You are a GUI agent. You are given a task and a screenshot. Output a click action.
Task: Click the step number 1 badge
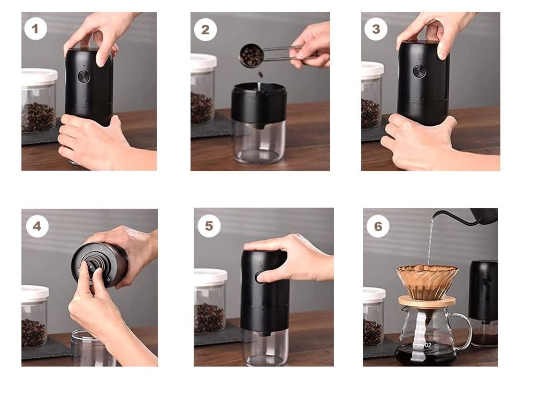(35, 29)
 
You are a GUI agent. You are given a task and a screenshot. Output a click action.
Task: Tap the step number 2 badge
(205, 30)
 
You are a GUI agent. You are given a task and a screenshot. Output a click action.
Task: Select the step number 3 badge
(376, 29)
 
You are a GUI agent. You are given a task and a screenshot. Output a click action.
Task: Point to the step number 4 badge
(37, 226)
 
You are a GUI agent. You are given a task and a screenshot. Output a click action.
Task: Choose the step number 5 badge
(209, 226)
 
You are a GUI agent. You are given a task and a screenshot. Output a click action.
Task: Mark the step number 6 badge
(378, 226)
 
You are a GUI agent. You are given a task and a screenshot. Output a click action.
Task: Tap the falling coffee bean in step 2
(261, 74)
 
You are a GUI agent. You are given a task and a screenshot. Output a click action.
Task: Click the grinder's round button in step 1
(84, 77)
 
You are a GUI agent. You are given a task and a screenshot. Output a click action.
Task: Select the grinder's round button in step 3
(420, 71)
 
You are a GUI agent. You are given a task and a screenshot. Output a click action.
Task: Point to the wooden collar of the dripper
(427, 300)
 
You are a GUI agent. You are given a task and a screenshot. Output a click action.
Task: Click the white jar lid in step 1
(39, 77)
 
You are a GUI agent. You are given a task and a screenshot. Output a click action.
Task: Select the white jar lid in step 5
(210, 276)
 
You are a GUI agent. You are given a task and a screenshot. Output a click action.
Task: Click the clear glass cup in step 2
(258, 141)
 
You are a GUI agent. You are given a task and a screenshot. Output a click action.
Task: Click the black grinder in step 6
(483, 303)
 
